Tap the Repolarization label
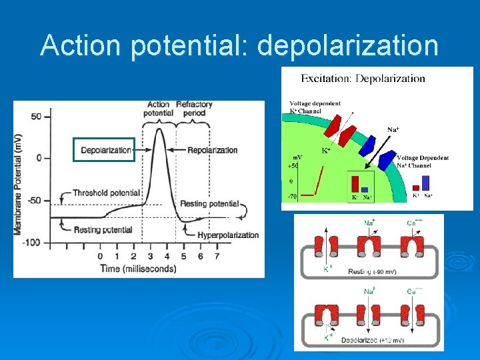[x=213, y=150]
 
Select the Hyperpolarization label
[x=228, y=235]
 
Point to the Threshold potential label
[x=106, y=193]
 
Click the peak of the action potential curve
[x=159, y=129]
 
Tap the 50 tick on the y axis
[x=36, y=116]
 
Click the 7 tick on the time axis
[x=216, y=256]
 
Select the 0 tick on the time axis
[x=100, y=256]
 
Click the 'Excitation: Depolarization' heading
[x=363, y=79]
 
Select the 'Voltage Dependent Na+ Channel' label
[x=423, y=161]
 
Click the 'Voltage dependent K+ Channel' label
[x=315, y=107]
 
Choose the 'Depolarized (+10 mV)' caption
[x=370, y=341]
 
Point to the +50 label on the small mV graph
[x=293, y=165]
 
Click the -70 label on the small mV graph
[x=293, y=197]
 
